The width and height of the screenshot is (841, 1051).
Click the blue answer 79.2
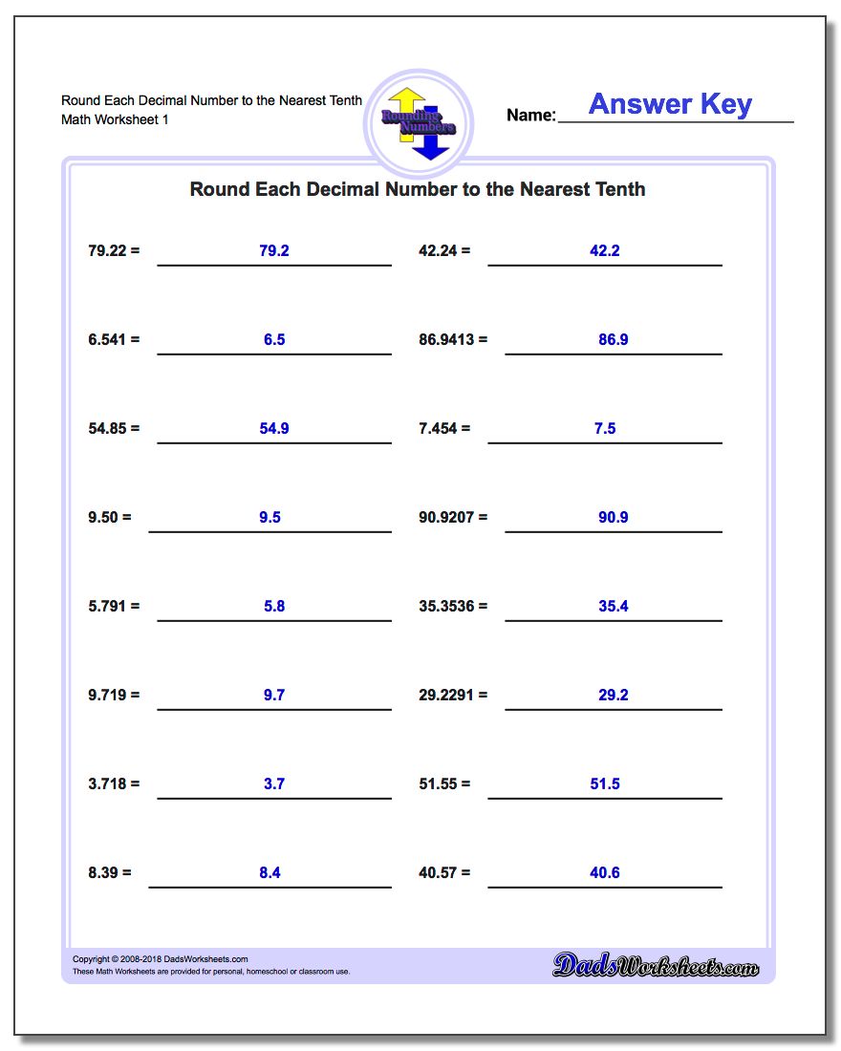click(273, 250)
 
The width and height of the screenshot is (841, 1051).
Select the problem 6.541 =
click(114, 339)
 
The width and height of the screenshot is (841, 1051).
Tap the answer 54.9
click(273, 428)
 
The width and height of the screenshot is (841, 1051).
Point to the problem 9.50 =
click(110, 517)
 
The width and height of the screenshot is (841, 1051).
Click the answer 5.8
click(273, 606)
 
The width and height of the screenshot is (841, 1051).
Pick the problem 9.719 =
click(114, 695)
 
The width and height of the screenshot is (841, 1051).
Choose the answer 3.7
click(273, 783)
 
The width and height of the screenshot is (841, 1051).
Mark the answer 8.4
click(270, 872)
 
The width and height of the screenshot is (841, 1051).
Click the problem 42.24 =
click(444, 250)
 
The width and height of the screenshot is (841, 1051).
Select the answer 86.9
click(613, 339)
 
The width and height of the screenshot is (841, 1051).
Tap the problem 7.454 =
click(444, 428)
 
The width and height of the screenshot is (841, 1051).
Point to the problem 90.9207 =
click(453, 517)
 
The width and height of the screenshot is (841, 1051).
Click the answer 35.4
click(613, 606)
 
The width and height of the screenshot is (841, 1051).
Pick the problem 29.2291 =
click(453, 695)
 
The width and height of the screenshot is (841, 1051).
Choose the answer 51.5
click(605, 783)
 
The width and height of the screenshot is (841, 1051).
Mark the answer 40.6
click(605, 872)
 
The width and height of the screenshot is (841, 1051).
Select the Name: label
click(530, 116)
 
